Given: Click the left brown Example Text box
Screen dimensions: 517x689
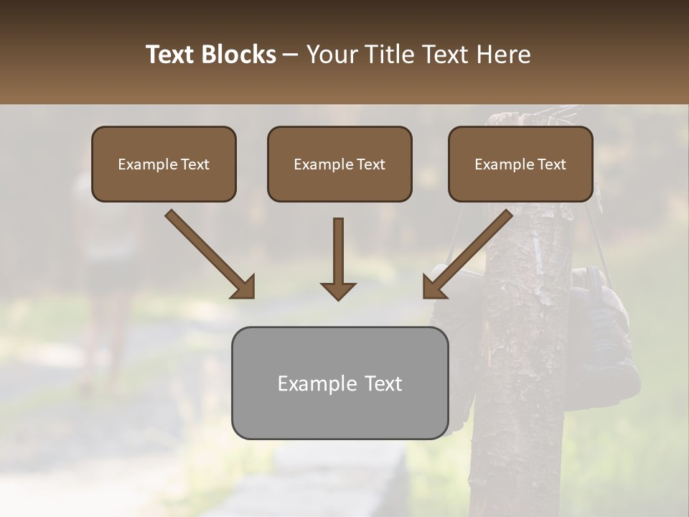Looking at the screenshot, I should click(164, 164).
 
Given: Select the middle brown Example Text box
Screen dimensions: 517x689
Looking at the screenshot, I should click(339, 164).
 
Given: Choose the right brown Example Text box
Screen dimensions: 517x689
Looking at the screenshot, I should click(520, 164).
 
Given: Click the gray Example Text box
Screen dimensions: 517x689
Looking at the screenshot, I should click(339, 383).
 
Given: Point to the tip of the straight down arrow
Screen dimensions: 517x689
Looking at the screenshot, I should click(338, 297).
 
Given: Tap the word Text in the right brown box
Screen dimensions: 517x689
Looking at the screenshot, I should click(551, 164).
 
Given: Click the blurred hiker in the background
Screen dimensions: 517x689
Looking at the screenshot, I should click(108, 273).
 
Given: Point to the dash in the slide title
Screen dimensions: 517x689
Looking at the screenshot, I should click(291, 55).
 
